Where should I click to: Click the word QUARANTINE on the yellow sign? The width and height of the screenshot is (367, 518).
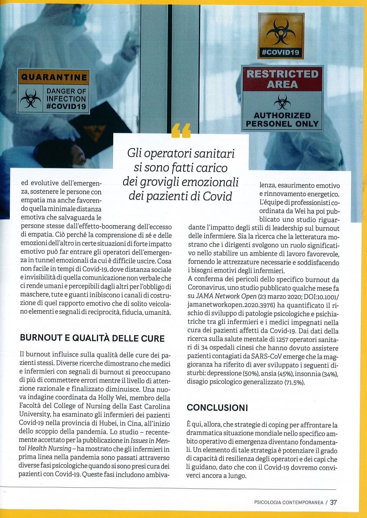point(54,77)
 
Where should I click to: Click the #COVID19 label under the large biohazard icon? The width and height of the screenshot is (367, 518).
point(280,52)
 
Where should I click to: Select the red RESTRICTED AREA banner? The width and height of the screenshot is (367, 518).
point(282,79)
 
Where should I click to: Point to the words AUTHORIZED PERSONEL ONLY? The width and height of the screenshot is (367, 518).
point(282,120)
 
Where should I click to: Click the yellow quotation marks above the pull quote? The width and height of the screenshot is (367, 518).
point(181,131)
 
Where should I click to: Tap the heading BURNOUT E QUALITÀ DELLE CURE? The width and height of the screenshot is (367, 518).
point(92,338)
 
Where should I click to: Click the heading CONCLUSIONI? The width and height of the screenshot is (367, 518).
point(217,408)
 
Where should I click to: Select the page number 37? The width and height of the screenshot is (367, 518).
point(333,502)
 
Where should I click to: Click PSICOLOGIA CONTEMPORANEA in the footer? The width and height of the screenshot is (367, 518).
point(289,503)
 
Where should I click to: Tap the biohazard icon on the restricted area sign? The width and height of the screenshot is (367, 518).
point(282,102)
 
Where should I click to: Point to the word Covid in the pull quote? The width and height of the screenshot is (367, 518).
point(217,196)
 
